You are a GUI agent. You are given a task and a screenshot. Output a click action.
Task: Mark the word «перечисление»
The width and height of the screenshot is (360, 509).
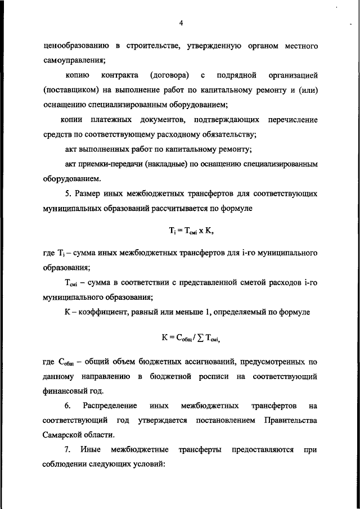pyautogui.click(x=292, y=120)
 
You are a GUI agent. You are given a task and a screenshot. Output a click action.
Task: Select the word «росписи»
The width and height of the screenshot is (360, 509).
pyautogui.click(x=215, y=375)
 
